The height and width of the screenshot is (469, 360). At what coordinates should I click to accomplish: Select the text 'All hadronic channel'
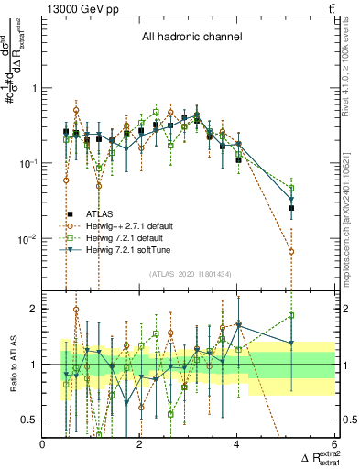(191, 38)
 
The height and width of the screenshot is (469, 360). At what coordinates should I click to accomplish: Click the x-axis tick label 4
(236, 444)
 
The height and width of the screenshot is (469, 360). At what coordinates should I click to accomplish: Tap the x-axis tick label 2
(140, 444)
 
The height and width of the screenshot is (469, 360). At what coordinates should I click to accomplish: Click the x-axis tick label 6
(333, 444)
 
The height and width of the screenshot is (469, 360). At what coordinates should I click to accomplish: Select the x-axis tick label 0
(43, 444)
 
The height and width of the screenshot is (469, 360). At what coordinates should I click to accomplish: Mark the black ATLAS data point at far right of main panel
(291, 208)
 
